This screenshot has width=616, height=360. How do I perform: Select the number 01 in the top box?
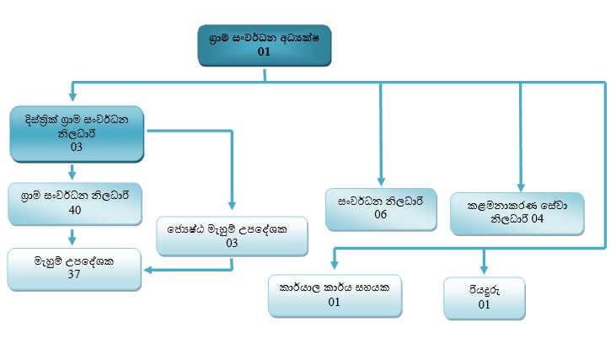pos(265,52)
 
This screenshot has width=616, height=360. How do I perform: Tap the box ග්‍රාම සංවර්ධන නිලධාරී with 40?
pos(74,203)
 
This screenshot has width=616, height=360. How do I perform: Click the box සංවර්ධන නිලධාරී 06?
pos(380,208)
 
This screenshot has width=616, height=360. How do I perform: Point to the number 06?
pos(380,215)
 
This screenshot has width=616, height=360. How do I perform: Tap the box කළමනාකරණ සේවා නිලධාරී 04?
pos(517,212)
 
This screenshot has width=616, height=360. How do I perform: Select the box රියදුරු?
pos(484,298)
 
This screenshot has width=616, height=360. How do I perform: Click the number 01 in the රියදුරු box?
pos(484,305)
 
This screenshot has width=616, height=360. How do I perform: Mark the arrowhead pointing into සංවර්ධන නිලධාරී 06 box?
pos(381,182)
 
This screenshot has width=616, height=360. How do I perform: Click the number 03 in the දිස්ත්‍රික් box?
pos(76,147)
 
